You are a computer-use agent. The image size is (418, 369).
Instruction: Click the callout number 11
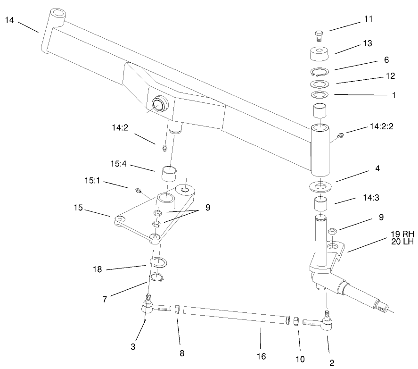click(x=368, y=19)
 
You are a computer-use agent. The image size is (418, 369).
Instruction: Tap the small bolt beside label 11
click(x=319, y=35)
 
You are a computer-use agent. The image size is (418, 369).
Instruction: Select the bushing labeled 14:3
click(x=320, y=206)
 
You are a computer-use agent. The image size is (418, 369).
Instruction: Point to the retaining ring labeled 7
click(x=156, y=277)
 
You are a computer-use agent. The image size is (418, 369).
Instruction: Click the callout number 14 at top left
click(x=10, y=20)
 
